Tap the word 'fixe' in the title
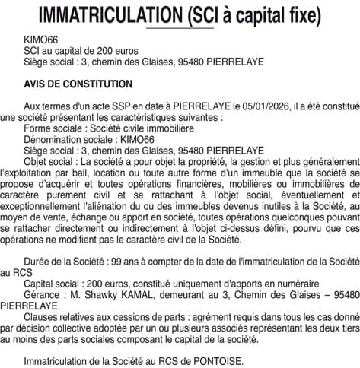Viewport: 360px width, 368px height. [x=301, y=14]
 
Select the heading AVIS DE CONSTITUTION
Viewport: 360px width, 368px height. [x=78, y=83]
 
